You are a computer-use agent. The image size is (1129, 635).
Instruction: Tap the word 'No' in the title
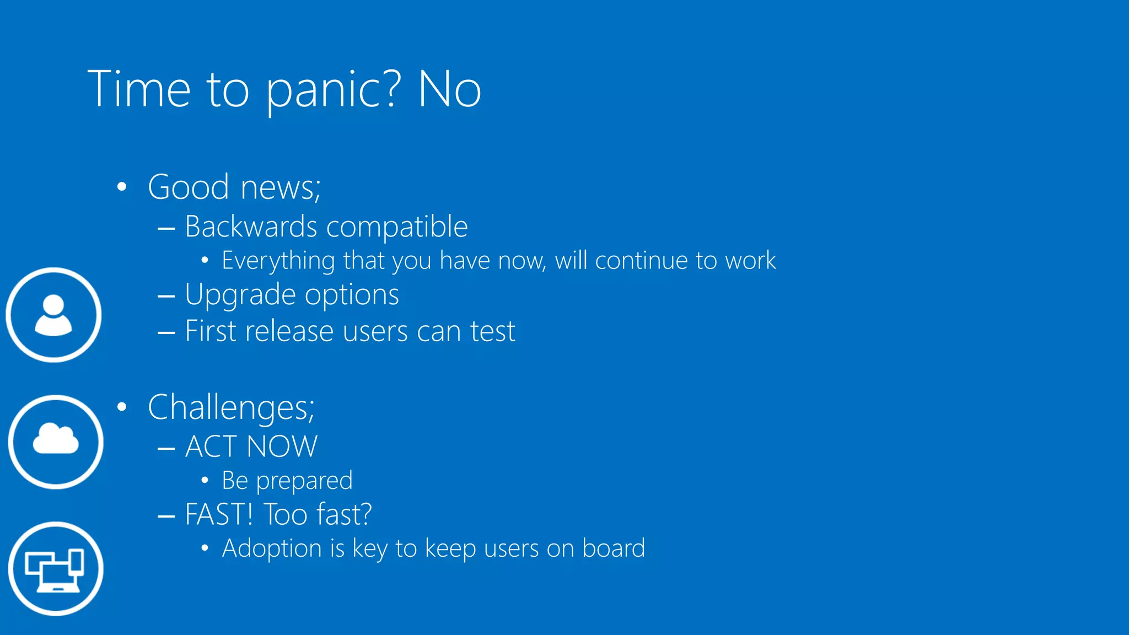449,89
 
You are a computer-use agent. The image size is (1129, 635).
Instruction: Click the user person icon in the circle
53,315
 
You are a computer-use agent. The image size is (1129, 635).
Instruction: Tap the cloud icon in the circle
56,442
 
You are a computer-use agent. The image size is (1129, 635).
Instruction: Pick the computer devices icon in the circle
56,568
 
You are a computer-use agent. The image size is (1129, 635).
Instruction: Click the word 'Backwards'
251,227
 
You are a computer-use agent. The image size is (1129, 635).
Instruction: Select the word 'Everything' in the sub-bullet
278,261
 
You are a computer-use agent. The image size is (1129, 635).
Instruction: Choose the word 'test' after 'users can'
492,332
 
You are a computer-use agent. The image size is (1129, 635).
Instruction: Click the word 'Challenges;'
231,408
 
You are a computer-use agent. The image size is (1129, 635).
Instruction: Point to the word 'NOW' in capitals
282,446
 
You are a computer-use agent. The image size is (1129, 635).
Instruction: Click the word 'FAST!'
219,514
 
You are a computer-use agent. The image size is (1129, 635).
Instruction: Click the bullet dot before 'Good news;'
122,187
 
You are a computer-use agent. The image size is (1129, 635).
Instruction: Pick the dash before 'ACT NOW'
166,448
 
